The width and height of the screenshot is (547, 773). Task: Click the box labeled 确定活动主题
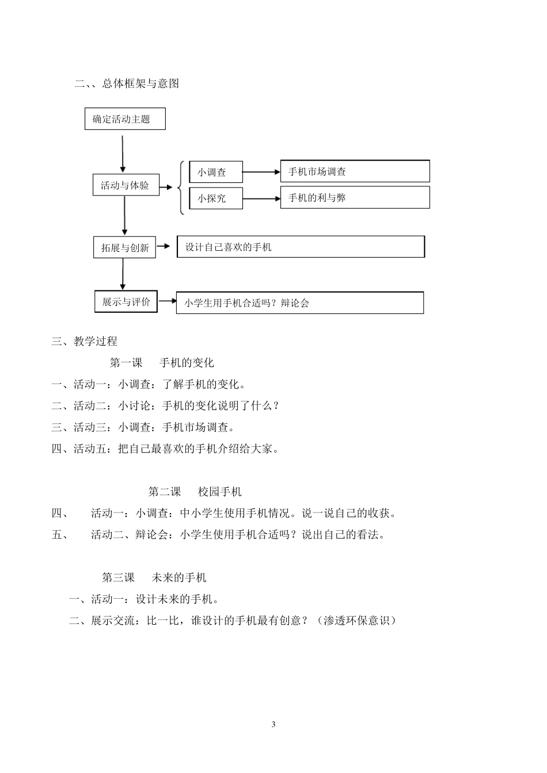point(125,119)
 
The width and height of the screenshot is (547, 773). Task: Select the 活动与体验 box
point(126,185)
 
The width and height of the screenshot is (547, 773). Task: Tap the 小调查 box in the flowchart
point(216,172)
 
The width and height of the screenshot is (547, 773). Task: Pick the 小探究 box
point(216,198)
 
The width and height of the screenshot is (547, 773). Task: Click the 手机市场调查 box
point(355,171)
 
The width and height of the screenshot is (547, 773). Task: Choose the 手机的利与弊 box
point(355,198)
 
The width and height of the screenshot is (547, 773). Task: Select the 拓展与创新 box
point(124,247)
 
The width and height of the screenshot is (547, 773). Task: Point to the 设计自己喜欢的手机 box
point(301,247)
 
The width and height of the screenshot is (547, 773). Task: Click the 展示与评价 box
point(126,301)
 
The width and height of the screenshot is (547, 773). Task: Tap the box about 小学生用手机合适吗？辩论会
point(299,303)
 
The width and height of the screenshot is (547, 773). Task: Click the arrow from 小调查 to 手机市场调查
point(261,172)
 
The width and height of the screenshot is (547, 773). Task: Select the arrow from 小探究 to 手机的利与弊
point(261,199)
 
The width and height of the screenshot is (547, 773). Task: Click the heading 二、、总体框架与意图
point(127,83)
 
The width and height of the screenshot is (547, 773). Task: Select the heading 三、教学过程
point(85,341)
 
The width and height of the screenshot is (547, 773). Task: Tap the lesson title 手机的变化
point(187,362)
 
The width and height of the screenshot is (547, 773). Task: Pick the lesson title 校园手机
point(220,491)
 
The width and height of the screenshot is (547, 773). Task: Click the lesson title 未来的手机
point(179,577)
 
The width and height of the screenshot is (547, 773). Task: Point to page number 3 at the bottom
point(273,724)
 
